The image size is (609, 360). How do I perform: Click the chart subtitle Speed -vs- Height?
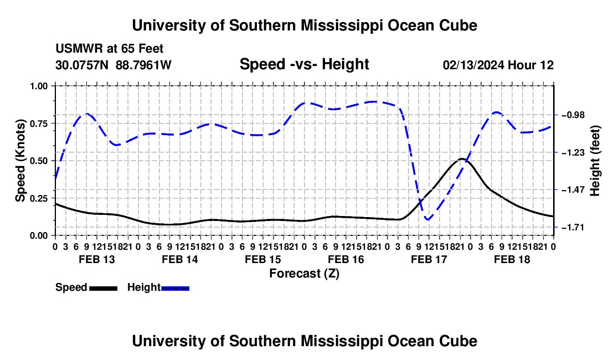point(304,64)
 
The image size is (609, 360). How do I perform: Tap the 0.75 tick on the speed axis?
point(39,124)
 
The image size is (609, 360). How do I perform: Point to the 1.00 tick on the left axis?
point(39,86)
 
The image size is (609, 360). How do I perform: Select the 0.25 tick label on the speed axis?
point(39,198)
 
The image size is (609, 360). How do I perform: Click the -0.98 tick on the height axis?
point(572,115)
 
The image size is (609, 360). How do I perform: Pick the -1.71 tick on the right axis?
point(572,227)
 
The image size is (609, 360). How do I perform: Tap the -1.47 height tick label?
point(572,190)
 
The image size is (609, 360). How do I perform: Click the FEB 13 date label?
point(97,259)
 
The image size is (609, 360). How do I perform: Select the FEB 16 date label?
point(346,259)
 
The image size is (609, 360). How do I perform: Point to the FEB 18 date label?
point(512,259)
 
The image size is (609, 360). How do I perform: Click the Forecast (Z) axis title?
point(304,274)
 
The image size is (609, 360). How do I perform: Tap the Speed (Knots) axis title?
point(20,161)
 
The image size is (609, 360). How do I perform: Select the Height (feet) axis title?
point(595,161)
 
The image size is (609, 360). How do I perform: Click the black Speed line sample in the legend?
point(104,288)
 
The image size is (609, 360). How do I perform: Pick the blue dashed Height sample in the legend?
point(175,288)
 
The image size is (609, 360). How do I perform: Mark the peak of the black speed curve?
point(461,159)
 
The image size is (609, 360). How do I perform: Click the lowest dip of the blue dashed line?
point(427,220)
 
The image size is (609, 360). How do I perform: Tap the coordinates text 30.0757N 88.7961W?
point(113,65)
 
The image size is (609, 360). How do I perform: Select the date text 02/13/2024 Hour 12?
point(498,65)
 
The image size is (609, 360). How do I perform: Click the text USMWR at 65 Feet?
point(110,49)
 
